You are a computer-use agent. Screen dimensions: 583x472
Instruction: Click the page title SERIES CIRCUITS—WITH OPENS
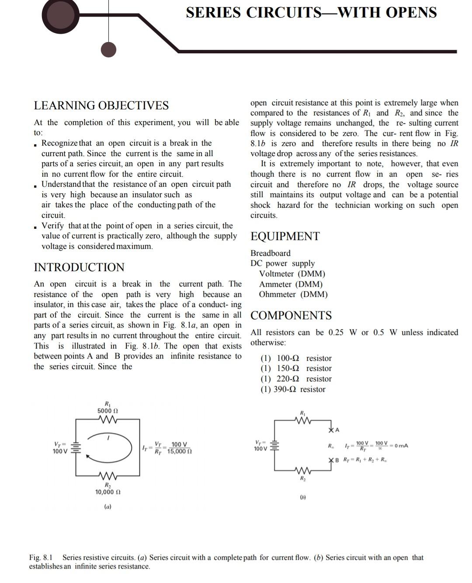tap(311, 12)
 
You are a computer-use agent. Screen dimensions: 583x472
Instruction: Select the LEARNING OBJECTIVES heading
tap(101, 105)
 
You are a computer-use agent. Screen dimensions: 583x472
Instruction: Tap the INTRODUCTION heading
tap(79, 267)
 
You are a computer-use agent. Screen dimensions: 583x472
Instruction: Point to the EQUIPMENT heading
tap(285, 236)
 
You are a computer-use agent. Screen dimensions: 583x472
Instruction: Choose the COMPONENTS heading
tap(291, 315)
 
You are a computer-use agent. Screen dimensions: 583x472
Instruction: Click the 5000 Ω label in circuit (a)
tap(108, 411)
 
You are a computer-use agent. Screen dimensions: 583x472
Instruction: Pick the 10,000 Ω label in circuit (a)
tap(108, 492)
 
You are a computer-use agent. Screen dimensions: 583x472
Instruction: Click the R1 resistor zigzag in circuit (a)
tap(108, 419)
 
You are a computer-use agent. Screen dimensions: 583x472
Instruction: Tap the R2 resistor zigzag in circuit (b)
tap(302, 471)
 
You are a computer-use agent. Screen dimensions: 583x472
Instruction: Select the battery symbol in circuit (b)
tap(275, 446)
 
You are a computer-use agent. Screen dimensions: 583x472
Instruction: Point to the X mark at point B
tap(331, 460)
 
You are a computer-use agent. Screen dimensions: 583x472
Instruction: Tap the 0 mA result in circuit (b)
tap(401, 446)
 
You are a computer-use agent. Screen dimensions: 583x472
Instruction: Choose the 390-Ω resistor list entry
tap(293, 389)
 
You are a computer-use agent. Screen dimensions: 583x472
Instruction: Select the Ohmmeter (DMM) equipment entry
tap(293, 294)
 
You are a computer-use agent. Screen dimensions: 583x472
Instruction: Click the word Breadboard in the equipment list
tap(270, 253)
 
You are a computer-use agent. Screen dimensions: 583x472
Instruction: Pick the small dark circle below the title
tap(108, 49)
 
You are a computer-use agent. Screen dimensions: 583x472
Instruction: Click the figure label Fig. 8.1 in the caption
tap(41, 558)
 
